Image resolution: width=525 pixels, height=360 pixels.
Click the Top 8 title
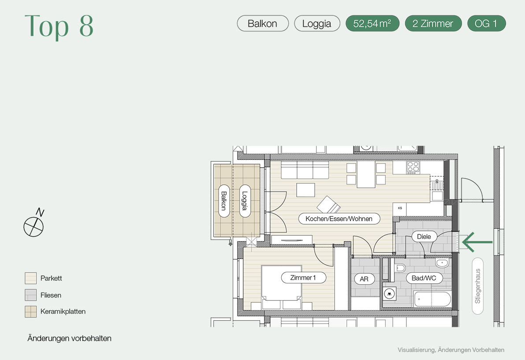(59, 26)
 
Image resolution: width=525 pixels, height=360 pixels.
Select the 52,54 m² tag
(372, 23)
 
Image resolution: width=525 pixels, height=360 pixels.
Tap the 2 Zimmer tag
(433, 23)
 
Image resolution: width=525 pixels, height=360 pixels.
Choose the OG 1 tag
(486, 23)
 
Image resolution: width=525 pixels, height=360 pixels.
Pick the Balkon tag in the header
(263, 23)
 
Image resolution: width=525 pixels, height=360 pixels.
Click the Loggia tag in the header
(317, 23)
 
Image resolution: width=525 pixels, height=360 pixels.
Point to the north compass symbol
(34, 223)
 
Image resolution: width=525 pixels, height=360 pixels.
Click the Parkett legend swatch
(30, 278)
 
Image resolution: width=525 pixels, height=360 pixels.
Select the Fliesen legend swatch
(30, 295)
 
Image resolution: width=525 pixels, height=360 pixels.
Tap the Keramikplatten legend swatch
(30, 311)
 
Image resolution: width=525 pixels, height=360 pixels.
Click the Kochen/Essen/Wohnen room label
(339, 219)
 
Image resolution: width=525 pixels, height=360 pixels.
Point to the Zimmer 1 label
(303, 277)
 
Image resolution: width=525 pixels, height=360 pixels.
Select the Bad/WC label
(424, 278)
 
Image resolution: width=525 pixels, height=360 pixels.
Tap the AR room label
(364, 278)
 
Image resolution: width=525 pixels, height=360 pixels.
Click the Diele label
(424, 237)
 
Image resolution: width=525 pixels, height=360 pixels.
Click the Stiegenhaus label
(478, 286)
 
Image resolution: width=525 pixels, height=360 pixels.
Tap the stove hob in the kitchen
(413, 167)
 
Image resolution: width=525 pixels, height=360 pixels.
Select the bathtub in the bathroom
(432, 299)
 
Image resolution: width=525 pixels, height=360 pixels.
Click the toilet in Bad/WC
(400, 267)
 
